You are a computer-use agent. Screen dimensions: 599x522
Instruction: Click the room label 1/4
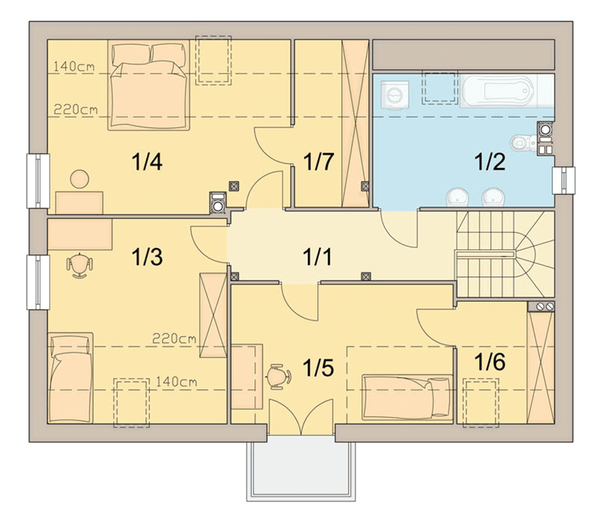(147, 162)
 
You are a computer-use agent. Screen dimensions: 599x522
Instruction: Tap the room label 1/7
(319, 162)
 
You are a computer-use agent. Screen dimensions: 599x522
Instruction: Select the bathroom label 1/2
(490, 162)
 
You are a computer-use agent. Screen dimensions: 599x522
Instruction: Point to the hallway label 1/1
(317, 256)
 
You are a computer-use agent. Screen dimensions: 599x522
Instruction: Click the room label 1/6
(490, 362)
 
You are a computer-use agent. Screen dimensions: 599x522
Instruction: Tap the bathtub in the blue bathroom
(498, 91)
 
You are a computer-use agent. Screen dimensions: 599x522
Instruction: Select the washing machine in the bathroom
(395, 95)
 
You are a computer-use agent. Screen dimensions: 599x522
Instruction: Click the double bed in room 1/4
(149, 85)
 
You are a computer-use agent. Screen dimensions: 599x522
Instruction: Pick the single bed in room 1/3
(71, 377)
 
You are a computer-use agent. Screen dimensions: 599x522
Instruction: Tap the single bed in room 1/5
(407, 397)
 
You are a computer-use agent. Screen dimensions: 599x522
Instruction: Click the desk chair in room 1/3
(80, 265)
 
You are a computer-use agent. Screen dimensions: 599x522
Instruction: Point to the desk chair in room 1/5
(279, 377)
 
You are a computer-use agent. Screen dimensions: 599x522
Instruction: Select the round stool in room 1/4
(80, 179)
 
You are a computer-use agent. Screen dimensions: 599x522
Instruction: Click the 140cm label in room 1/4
(74, 67)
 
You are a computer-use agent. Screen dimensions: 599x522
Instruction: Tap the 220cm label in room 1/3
(174, 338)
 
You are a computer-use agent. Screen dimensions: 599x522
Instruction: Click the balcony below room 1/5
(301, 468)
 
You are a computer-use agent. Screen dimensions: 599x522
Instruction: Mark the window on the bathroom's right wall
(563, 180)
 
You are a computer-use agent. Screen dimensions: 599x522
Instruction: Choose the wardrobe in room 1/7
(355, 123)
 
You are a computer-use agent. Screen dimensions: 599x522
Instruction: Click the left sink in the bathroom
(457, 197)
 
